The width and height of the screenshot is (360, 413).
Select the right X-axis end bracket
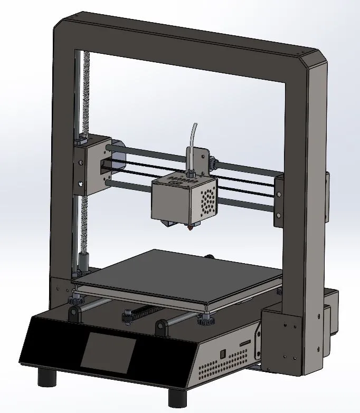pyautogui.click(x=279, y=203)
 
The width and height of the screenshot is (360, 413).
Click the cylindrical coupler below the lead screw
pyautogui.click(x=83, y=261)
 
